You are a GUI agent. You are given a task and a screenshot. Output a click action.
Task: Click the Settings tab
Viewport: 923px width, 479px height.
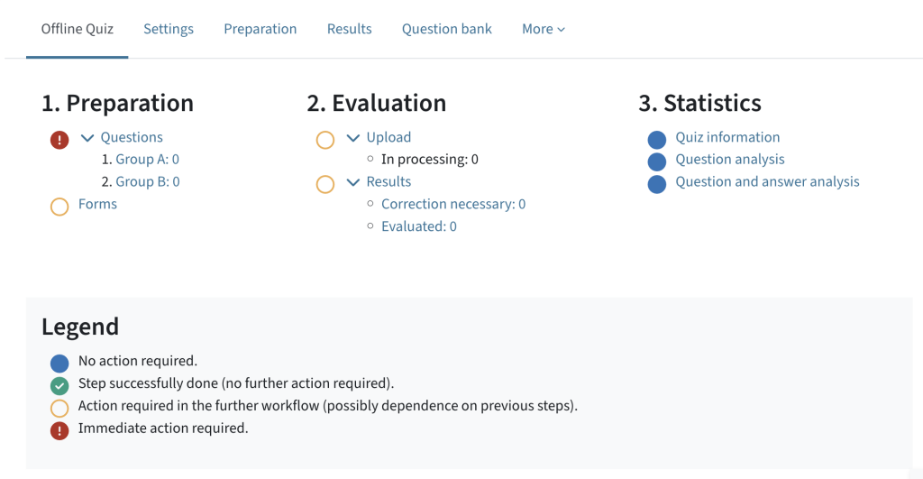pos(169,29)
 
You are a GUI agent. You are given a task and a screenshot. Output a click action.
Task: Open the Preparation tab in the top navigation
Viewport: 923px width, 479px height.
pos(260,29)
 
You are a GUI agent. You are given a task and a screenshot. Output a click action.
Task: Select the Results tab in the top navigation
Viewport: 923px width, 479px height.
pos(350,29)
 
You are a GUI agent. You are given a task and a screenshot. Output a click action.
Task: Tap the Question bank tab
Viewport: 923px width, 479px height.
pos(447,29)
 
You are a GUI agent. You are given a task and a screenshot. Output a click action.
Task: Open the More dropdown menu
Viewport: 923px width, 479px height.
pos(544,29)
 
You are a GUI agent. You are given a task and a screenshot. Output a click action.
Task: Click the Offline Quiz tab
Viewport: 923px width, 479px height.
pos(78,29)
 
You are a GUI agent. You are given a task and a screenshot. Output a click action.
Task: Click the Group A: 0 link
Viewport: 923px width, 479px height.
pos(148,160)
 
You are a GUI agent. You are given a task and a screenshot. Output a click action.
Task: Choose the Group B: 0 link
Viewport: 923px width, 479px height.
pos(148,181)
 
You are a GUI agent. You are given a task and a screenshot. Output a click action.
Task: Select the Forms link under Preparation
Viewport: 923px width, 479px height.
pos(97,204)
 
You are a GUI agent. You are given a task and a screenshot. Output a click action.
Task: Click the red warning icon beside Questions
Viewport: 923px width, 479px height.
pos(59,140)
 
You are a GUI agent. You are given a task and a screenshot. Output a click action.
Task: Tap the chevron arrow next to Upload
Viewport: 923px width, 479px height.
pos(353,138)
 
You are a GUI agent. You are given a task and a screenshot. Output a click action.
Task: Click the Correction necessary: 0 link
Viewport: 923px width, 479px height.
pos(453,204)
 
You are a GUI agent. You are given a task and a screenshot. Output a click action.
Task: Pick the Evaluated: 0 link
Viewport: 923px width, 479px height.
pos(419,226)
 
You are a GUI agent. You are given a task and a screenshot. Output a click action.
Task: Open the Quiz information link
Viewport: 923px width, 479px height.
pos(727,137)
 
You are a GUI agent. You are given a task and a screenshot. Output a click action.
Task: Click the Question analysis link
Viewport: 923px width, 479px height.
pos(730,160)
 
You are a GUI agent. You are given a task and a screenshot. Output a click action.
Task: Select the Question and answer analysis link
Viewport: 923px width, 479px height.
pos(767,181)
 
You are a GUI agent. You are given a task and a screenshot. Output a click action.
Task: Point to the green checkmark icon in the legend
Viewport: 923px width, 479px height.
pos(59,386)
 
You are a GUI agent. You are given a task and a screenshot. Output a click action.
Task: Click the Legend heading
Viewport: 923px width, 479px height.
pos(80,327)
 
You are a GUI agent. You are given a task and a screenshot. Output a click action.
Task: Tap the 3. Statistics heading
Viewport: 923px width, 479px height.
pos(699,104)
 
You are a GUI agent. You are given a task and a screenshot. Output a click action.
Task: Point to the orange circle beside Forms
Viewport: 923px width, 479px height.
pos(59,207)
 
